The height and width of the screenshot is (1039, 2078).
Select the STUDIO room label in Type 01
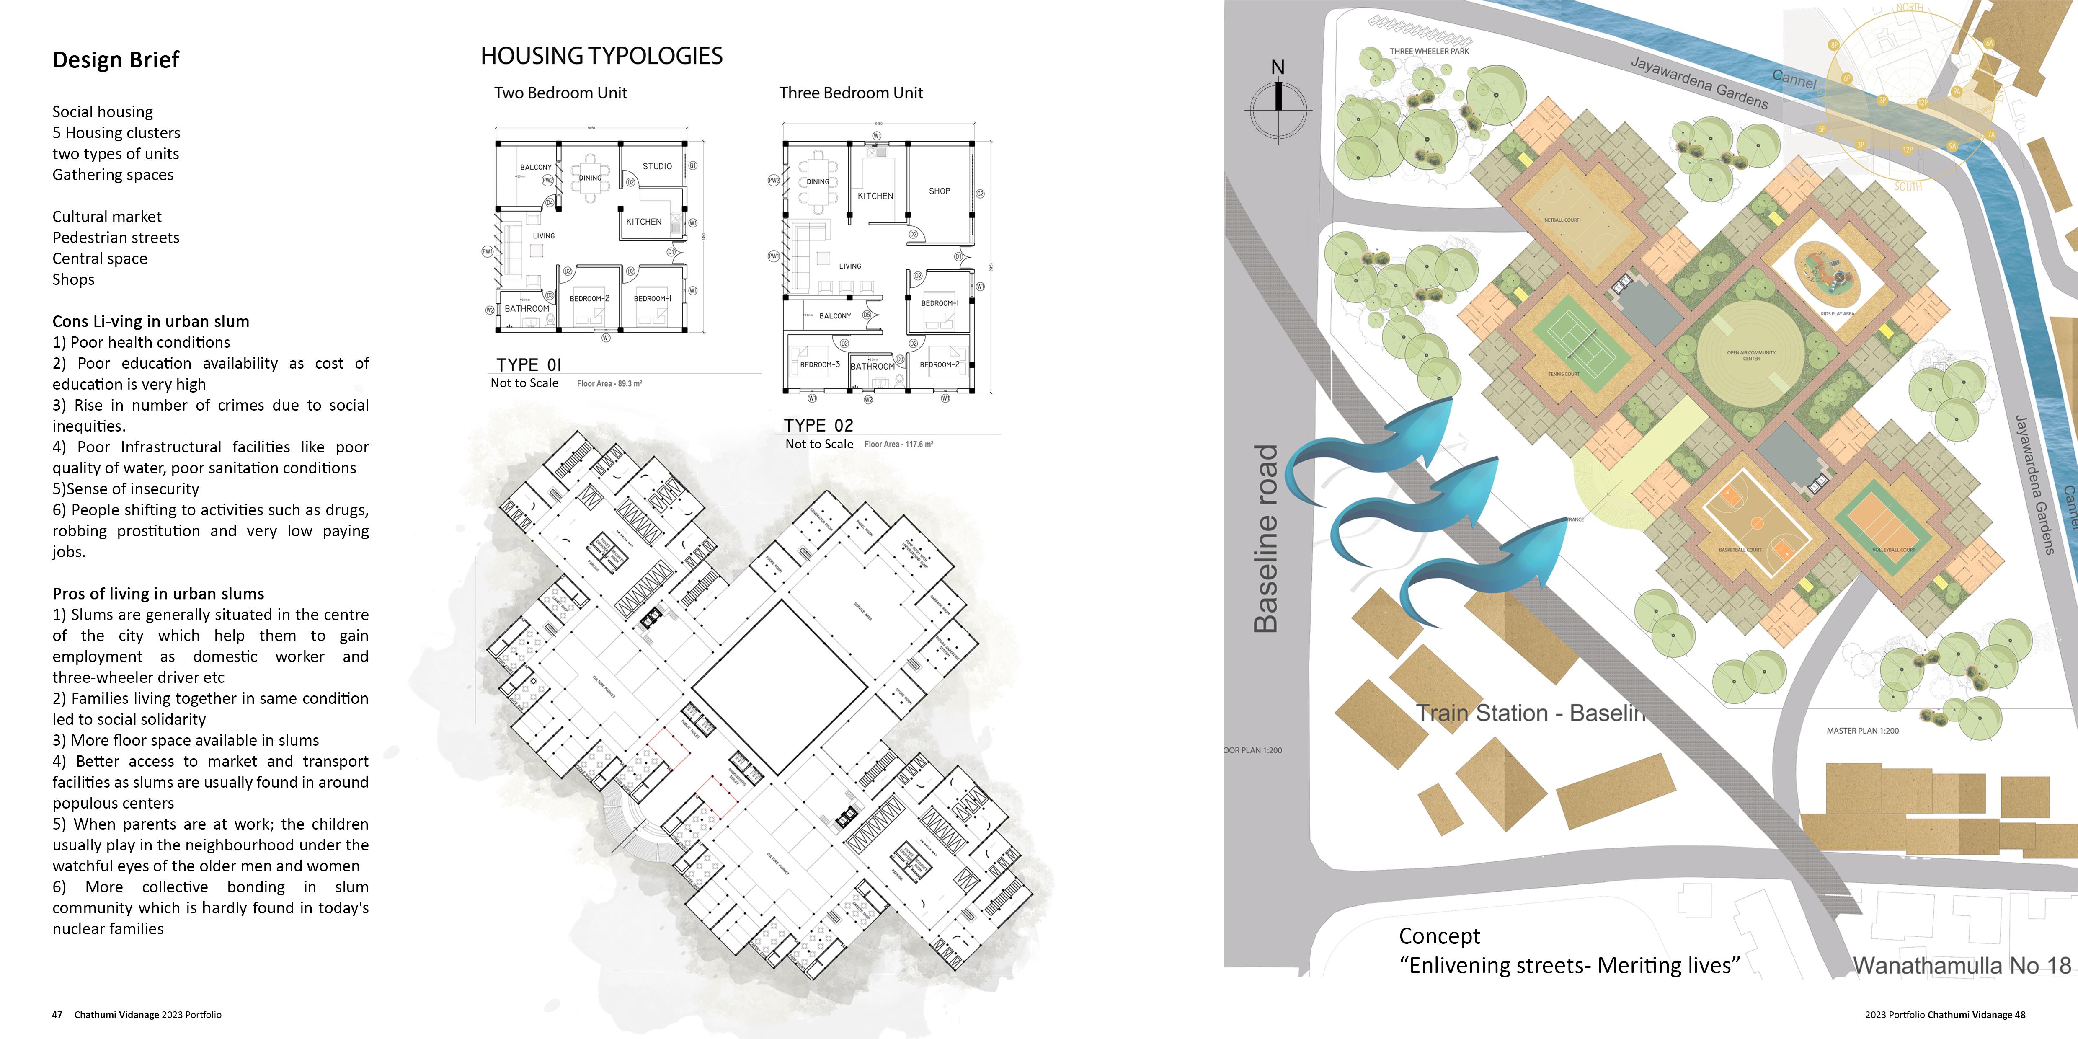(x=657, y=166)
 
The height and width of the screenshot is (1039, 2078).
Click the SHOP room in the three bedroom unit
(x=939, y=191)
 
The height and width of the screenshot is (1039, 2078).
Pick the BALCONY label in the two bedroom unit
(x=536, y=168)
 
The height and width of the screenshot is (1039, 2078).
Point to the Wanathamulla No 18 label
(x=1962, y=966)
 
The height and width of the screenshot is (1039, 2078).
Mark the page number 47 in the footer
(x=57, y=1015)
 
